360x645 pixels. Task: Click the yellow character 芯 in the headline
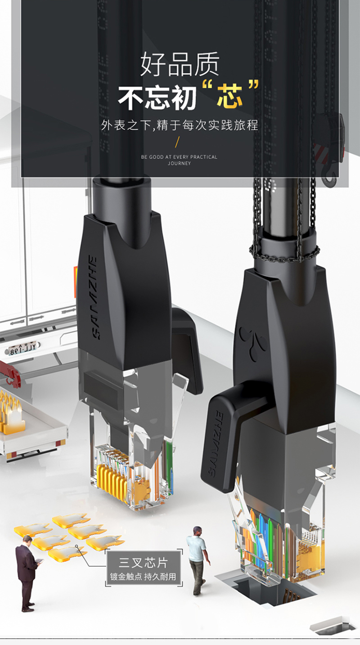pos(229,96)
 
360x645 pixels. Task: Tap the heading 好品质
pos(180,64)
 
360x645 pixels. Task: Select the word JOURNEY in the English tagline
pos(179,163)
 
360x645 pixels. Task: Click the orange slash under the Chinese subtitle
pos(177,142)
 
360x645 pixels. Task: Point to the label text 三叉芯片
pos(143,562)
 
